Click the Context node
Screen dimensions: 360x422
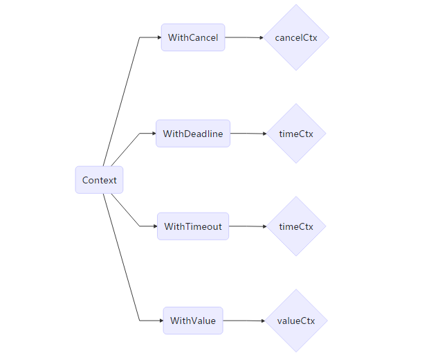point(100,180)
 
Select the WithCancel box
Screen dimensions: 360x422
point(193,37)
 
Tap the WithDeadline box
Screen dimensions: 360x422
point(193,134)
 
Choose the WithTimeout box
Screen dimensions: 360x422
point(193,226)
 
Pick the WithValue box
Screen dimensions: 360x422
point(193,321)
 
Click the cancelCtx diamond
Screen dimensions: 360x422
point(296,37)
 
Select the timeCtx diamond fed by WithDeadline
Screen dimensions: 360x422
point(296,134)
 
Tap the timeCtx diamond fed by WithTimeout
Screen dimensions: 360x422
point(296,226)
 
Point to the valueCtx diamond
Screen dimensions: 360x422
point(296,321)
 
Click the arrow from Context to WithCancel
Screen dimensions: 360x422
point(122,97)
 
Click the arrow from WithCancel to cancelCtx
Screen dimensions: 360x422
point(244,37)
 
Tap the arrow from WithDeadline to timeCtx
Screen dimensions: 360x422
point(248,134)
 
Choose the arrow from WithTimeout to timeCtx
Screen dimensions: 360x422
point(247,226)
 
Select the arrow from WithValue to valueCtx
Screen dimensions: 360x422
point(243,321)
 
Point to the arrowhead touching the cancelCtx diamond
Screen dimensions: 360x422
point(261,37)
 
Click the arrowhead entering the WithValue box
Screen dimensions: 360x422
point(160,321)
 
